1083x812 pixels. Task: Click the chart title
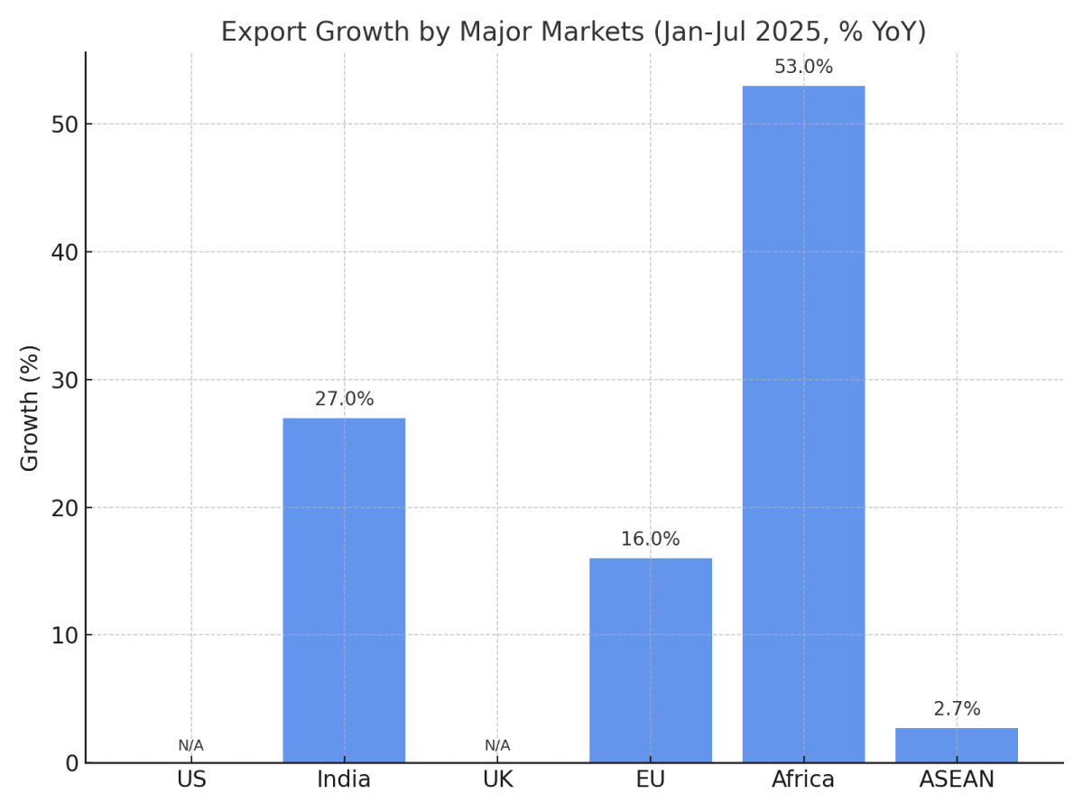tap(573, 32)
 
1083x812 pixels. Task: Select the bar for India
tap(344, 590)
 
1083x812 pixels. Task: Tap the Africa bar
tap(803, 424)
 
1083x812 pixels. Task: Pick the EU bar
tap(650, 660)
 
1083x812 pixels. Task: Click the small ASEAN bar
tap(957, 745)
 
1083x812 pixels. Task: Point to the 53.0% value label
tap(803, 68)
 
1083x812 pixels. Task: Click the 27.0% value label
tap(344, 400)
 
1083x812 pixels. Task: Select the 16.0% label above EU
tap(650, 540)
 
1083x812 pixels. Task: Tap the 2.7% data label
tap(957, 709)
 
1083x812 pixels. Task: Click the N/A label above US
tap(190, 746)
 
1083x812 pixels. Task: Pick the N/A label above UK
tap(497, 746)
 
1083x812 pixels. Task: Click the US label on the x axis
tap(191, 780)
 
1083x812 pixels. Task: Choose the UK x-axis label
tap(497, 780)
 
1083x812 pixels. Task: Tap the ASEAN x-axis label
tap(957, 780)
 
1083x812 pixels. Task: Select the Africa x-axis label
tap(803, 780)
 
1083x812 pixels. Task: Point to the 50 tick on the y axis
tap(64, 125)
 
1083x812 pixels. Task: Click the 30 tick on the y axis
tap(64, 380)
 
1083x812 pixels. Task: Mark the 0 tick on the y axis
tap(71, 763)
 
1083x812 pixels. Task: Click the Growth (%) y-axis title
tap(31, 408)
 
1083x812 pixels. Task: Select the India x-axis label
tap(344, 780)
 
